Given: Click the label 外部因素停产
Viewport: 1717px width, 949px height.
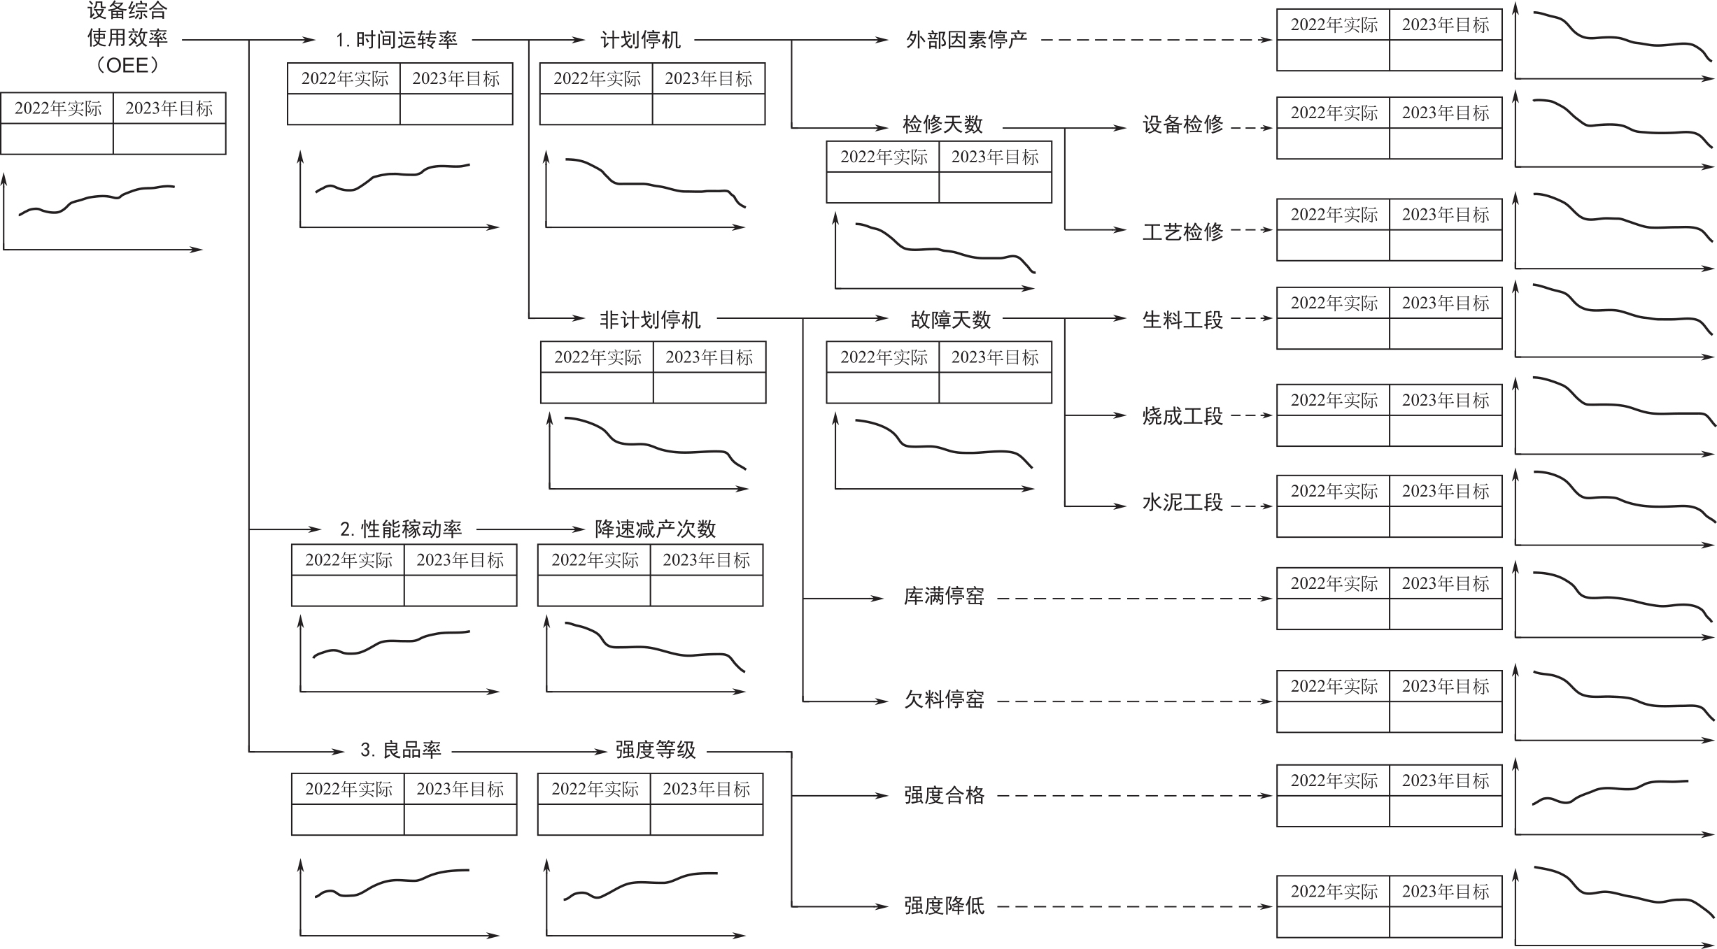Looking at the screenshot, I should coord(966,40).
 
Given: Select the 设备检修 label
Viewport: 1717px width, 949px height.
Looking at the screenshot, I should coord(1182,125).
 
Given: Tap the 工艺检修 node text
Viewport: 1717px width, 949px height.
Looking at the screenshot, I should coord(1182,231).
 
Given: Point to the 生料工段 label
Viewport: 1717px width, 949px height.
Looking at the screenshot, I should coord(1182,320).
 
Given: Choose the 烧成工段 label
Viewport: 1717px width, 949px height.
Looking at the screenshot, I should coord(1182,417).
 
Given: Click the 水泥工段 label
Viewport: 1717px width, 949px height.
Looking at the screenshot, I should coord(1182,503).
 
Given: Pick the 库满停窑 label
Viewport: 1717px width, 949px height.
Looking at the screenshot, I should coord(944,597).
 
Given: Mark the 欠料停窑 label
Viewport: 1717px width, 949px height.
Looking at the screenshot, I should coord(944,699).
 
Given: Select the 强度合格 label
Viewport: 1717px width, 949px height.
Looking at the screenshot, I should coord(944,796).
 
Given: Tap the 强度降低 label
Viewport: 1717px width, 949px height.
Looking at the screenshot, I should coord(944,906).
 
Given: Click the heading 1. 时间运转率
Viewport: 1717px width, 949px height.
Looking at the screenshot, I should coord(396,40).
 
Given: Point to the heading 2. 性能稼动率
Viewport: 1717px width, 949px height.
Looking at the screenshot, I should coord(401,529).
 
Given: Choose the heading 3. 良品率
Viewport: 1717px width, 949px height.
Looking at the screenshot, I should coord(400,750).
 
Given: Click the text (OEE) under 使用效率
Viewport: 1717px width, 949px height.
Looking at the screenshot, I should coord(127,66).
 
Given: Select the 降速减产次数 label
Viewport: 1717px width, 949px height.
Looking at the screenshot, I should coord(655,529).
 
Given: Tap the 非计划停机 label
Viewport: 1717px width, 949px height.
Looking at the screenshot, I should coord(650,320).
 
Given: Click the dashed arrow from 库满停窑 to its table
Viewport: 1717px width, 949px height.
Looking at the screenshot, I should coord(1133,599).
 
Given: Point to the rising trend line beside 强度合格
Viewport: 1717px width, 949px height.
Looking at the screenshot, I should coord(1609,791).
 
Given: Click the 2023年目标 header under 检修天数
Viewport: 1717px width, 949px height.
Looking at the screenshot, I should coord(995,157).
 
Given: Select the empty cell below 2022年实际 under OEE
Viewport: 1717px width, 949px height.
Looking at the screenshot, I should coord(57,138).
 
